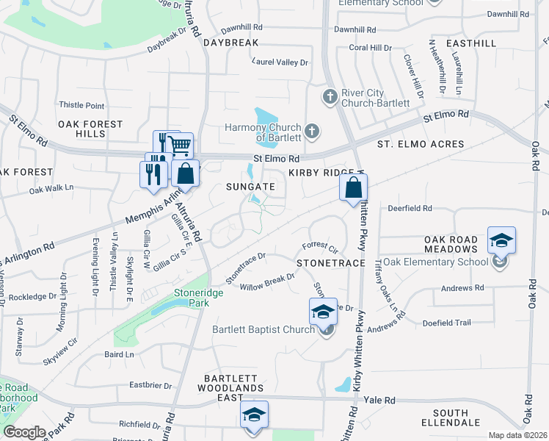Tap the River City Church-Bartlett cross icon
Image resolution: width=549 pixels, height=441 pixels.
point(330,96)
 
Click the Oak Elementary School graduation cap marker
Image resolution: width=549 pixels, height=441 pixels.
point(501,241)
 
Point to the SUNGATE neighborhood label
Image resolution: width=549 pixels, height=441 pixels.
point(250,187)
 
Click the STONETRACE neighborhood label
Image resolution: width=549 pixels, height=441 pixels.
point(331,262)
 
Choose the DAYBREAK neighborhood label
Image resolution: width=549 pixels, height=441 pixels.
point(231,43)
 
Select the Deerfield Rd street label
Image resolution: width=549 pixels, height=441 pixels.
point(410,209)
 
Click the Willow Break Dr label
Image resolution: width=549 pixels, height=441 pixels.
point(267,283)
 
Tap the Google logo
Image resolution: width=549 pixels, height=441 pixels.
point(24,432)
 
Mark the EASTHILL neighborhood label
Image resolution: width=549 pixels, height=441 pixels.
point(470,43)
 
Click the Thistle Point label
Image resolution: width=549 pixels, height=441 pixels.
point(81,106)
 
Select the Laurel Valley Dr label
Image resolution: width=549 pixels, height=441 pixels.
point(280,62)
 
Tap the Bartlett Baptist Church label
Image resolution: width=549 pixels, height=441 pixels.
point(263,329)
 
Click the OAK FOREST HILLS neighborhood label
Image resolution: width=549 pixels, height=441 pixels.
point(90,129)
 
